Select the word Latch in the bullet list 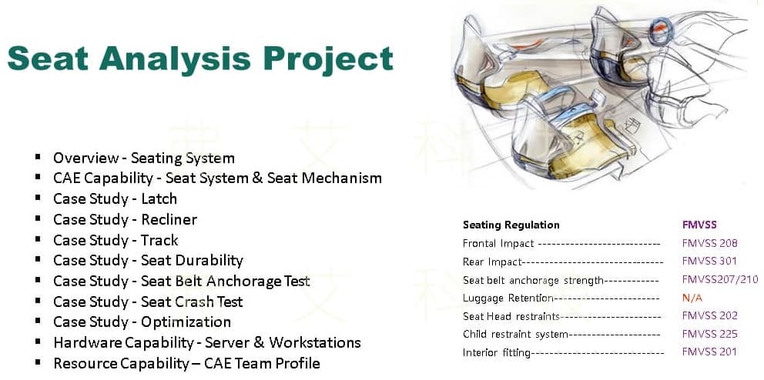click(x=159, y=198)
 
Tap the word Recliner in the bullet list click(x=169, y=219)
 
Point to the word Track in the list click(x=160, y=240)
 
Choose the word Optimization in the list click(x=186, y=322)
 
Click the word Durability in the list click(x=192, y=261)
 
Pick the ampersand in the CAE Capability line click(x=257, y=178)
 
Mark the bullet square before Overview click(x=38, y=157)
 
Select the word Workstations click(x=315, y=342)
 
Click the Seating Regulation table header click(x=511, y=225)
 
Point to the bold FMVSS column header click(x=699, y=225)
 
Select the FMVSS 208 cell click(x=710, y=243)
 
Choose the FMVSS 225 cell click(x=710, y=335)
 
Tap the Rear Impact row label click(x=492, y=262)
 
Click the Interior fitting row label click(x=497, y=353)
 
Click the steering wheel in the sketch click(x=662, y=29)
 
